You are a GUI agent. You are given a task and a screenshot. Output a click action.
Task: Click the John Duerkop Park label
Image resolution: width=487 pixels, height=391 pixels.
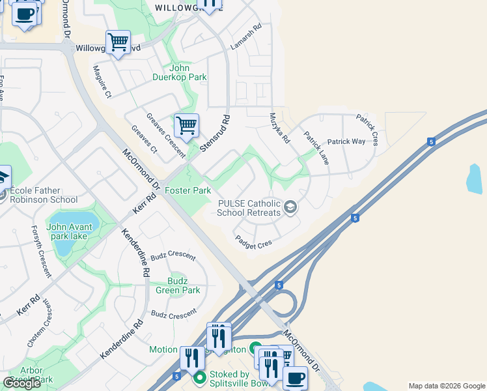click(x=188, y=72)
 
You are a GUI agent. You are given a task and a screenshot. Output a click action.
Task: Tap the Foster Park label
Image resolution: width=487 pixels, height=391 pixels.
click(x=188, y=190)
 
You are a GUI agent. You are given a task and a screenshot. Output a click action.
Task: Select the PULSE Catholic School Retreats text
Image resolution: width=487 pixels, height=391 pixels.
click(x=249, y=208)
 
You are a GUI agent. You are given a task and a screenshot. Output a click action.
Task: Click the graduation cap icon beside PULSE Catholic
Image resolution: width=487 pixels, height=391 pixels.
click(x=290, y=208)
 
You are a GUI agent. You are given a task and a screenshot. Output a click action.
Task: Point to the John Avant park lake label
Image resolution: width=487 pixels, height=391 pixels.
click(x=73, y=231)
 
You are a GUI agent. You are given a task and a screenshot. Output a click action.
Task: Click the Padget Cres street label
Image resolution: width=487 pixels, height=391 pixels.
click(x=253, y=242)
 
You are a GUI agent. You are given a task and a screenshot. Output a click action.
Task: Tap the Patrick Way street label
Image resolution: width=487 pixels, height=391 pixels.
click(x=346, y=141)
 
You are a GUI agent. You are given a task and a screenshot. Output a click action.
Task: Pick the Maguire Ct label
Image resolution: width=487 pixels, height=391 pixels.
click(x=102, y=81)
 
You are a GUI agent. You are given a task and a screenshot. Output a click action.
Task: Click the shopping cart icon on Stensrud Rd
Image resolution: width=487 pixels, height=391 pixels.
click(x=186, y=124)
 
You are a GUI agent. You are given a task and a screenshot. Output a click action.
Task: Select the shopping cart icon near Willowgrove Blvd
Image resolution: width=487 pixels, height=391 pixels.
click(x=118, y=42)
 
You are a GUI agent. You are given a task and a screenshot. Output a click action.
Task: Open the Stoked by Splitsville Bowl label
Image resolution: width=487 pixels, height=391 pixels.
click(x=230, y=379)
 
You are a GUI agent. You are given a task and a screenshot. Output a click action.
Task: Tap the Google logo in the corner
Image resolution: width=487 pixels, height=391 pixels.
click(x=21, y=383)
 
